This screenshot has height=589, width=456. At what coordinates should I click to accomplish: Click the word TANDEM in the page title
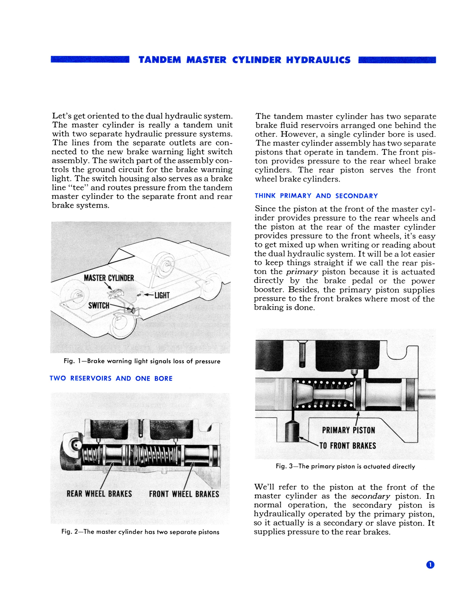point(160,60)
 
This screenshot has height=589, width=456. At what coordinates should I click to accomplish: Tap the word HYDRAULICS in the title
point(318,60)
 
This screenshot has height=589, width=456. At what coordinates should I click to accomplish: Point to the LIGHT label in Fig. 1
point(162,295)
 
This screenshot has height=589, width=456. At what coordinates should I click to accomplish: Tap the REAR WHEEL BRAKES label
point(99,494)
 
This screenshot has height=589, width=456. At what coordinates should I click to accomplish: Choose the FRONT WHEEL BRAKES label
point(184,494)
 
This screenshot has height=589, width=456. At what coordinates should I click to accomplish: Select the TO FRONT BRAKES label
point(348,445)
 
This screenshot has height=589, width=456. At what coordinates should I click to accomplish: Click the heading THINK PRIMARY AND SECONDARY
point(316,196)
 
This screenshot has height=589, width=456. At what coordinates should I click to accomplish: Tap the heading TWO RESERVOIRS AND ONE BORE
point(111,378)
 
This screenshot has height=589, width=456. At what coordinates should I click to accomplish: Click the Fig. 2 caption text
point(140,532)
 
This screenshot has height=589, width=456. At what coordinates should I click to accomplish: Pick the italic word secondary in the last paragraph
point(370,496)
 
